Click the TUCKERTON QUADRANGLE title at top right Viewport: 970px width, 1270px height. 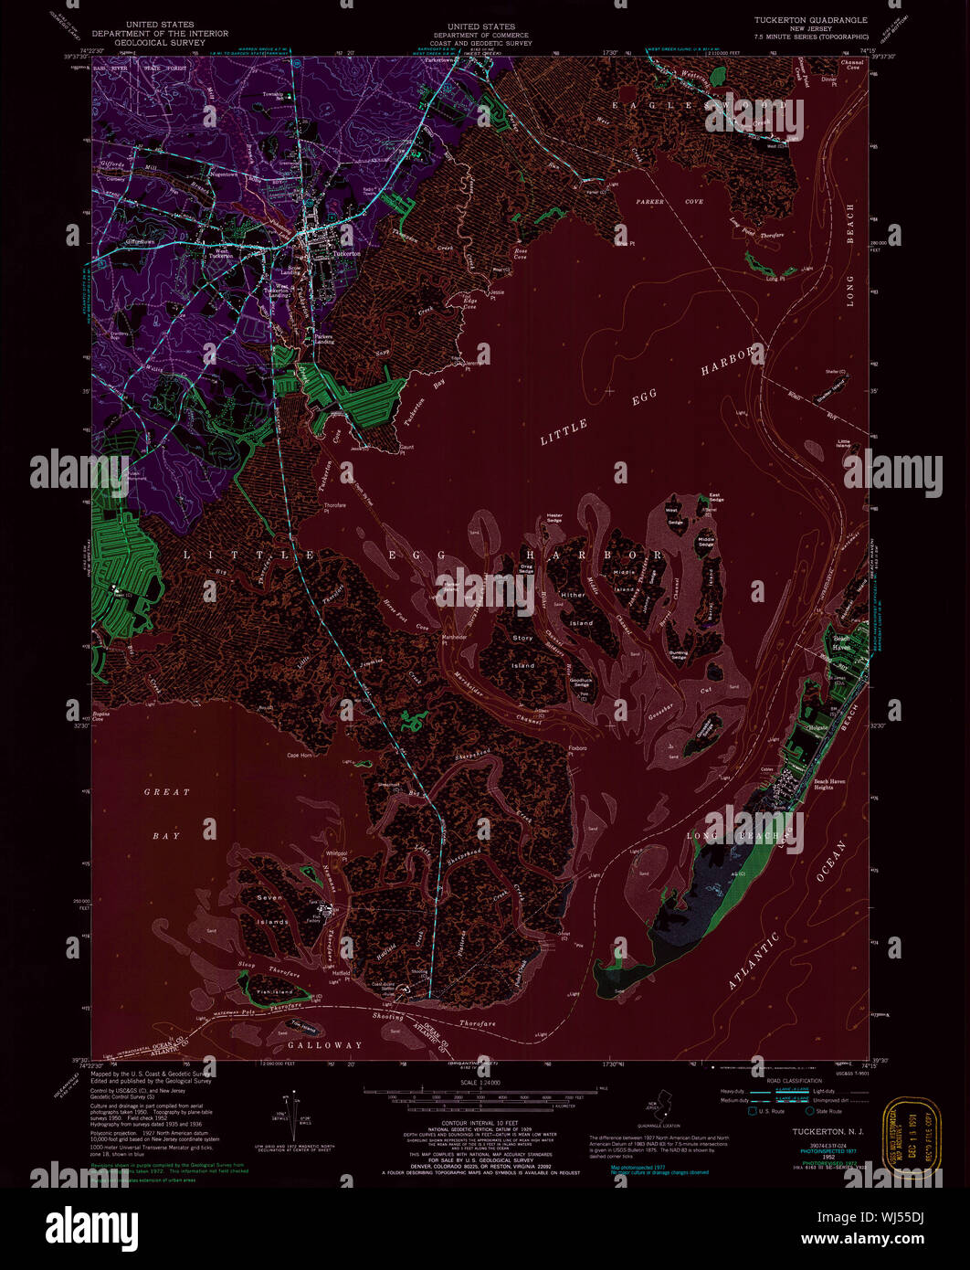click(810, 19)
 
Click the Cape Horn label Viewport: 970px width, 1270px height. click(300, 755)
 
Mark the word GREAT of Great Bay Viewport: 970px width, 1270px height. click(166, 792)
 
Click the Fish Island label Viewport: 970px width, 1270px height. click(273, 991)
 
